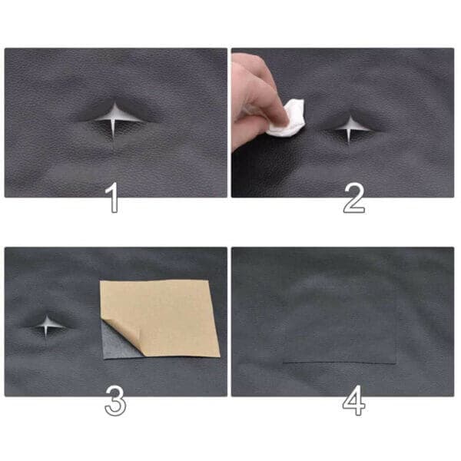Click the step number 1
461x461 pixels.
click(113, 197)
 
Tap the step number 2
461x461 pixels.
click(354, 197)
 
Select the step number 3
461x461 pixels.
click(115, 401)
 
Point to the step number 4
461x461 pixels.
click(354, 400)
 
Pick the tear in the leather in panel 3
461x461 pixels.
click(48, 326)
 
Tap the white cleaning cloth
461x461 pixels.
click(287, 119)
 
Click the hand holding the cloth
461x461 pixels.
click(256, 100)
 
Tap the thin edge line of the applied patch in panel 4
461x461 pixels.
click(339, 363)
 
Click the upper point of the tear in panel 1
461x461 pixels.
click(115, 103)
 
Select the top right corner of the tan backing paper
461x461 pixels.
click(209, 280)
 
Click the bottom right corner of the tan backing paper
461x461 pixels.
click(220, 357)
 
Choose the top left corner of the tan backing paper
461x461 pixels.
click(100, 281)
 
